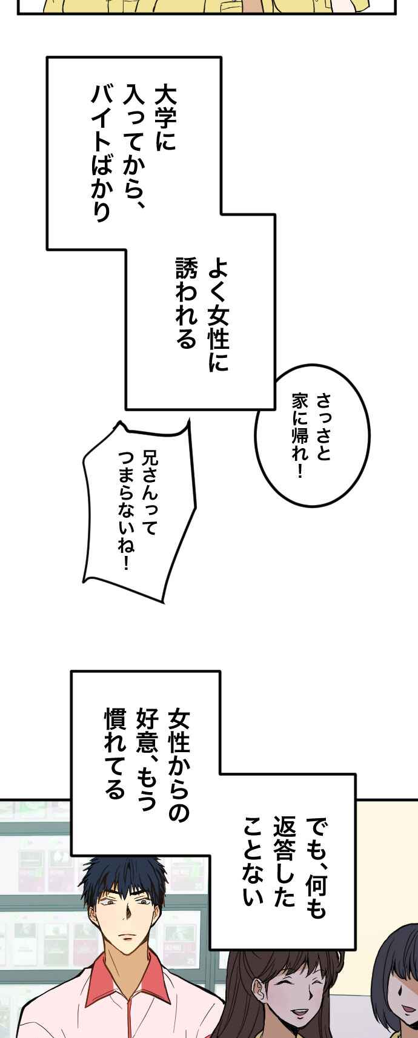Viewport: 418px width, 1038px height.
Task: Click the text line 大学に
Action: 164,119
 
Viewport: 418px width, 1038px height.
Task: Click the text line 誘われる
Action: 187,302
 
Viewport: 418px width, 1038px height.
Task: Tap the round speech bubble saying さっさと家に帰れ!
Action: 312,435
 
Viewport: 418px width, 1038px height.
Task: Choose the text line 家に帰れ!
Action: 300,435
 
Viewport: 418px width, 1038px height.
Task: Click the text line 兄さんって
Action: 150,492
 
